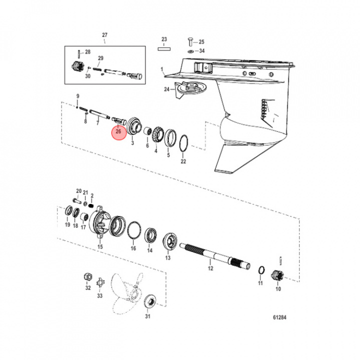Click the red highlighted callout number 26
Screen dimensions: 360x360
[118, 131]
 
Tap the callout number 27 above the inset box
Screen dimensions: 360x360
[104, 34]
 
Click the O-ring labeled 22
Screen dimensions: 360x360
[183, 142]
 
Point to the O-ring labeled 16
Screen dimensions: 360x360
[132, 230]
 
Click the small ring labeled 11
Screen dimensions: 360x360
[260, 270]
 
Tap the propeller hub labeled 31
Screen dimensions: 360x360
[148, 301]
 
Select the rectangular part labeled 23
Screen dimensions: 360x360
[163, 49]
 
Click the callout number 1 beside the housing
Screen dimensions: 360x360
[162, 68]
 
